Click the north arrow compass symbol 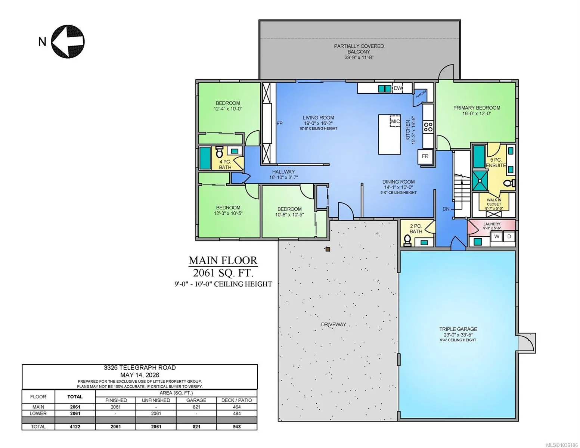(x=68, y=41)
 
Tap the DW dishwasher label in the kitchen (x=398, y=88)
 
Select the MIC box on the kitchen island (x=395, y=121)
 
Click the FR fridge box (x=425, y=156)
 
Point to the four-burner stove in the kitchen (x=428, y=127)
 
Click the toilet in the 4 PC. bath (x=219, y=152)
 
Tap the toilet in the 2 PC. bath (x=407, y=240)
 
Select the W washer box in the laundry (x=497, y=237)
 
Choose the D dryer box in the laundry (x=509, y=237)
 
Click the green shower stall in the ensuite (x=480, y=180)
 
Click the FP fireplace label (x=279, y=124)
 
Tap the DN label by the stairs (x=446, y=209)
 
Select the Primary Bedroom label (x=477, y=108)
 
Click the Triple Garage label (x=458, y=329)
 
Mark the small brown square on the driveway (x=328, y=249)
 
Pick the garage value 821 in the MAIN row (x=196, y=407)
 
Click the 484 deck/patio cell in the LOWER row (x=237, y=413)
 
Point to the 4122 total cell (x=75, y=427)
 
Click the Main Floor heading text (x=223, y=260)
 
